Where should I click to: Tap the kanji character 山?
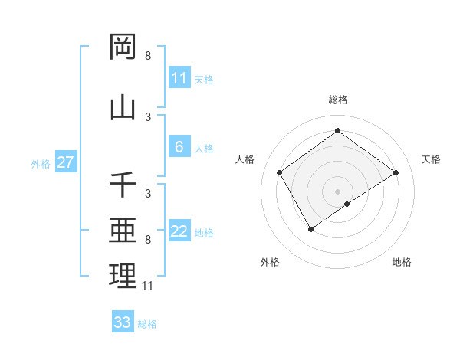click(123, 108)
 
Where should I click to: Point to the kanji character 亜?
click(123, 231)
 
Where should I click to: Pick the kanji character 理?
click(123, 277)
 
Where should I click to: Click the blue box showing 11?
click(179, 78)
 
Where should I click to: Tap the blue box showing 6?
click(179, 147)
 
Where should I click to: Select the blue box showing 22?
click(179, 231)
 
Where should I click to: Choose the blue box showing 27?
click(65, 162)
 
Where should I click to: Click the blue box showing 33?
click(123, 322)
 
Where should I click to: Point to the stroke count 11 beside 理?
click(148, 286)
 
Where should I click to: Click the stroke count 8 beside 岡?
click(148, 56)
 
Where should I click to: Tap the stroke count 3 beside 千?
click(148, 194)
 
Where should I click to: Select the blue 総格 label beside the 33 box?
click(147, 324)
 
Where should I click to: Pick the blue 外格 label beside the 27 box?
click(41, 163)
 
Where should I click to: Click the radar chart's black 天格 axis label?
click(431, 159)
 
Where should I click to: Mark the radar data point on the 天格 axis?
click(396, 172)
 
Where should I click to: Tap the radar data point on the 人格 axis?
click(280, 172)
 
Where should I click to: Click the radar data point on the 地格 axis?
click(347, 204)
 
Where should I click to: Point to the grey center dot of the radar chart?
click(337, 191)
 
